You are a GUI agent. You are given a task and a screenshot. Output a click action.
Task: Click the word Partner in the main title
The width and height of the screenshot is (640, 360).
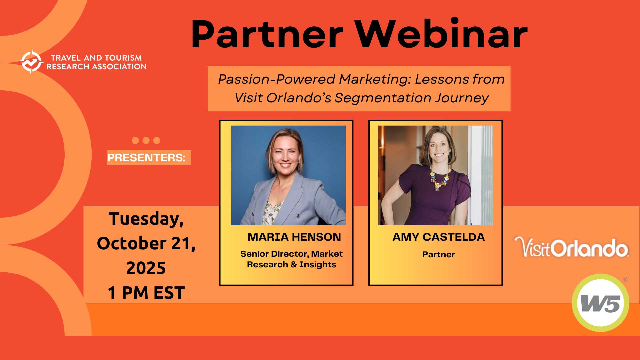tap(267, 35)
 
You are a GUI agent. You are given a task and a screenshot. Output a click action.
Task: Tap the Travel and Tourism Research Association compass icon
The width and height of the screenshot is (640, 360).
tap(31, 62)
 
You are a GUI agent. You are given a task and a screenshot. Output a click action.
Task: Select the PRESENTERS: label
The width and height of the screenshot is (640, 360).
tap(146, 158)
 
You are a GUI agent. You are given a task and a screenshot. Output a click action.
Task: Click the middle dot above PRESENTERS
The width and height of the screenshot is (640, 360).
tap(146, 140)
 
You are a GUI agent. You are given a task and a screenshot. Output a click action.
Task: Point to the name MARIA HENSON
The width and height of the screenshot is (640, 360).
tap(294, 237)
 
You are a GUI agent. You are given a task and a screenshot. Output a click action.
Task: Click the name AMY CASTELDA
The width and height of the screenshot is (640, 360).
tap(439, 237)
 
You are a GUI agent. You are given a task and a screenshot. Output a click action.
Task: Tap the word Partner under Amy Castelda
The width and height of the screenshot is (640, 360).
tap(438, 254)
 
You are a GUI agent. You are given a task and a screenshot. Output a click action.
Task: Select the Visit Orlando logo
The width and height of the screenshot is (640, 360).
tap(571, 247)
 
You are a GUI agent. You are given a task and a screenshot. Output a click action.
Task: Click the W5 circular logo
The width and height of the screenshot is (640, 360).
tap(600, 303)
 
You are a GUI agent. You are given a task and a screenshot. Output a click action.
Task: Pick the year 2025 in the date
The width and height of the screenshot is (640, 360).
tap(146, 268)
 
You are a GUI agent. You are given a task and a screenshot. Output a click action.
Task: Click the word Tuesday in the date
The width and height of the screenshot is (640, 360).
tap(146, 219)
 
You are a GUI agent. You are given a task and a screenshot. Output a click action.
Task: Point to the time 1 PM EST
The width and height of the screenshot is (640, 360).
tap(146, 293)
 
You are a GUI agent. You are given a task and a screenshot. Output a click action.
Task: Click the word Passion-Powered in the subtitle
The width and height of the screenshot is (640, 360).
tap(276, 79)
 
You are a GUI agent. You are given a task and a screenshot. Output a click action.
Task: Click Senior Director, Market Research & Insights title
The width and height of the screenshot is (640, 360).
tap(291, 259)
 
